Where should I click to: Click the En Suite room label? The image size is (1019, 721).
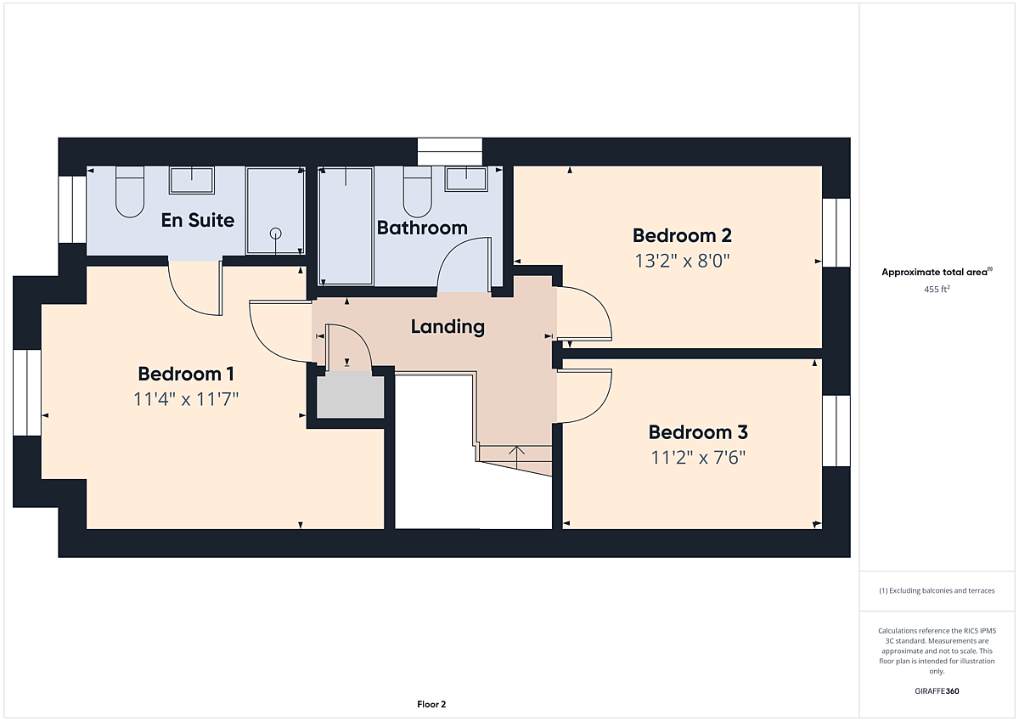(198, 220)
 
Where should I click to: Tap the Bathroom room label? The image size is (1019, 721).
(422, 228)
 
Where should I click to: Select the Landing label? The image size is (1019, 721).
(448, 327)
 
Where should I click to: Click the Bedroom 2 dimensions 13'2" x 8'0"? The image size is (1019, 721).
(682, 261)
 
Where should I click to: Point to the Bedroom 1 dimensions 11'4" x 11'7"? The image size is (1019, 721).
(186, 399)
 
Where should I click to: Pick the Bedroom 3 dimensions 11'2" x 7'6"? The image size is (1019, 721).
(698, 458)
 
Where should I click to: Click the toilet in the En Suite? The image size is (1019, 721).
(130, 192)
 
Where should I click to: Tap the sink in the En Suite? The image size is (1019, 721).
(192, 180)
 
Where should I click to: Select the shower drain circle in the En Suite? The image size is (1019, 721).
(276, 234)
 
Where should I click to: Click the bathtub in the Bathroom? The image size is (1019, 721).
(346, 226)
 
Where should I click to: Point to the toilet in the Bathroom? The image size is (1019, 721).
(418, 192)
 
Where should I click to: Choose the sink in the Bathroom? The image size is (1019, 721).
(466, 179)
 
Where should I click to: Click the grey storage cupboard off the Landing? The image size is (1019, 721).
(350, 395)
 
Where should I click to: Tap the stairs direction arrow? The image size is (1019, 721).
(516, 457)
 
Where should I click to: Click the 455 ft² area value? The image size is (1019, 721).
(937, 289)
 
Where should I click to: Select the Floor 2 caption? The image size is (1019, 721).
(431, 704)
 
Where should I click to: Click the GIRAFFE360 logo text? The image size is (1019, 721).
(937, 691)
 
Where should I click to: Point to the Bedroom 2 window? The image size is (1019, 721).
(836, 233)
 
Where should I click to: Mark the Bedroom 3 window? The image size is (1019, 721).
(836, 431)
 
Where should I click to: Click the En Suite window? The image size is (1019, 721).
(72, 209)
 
